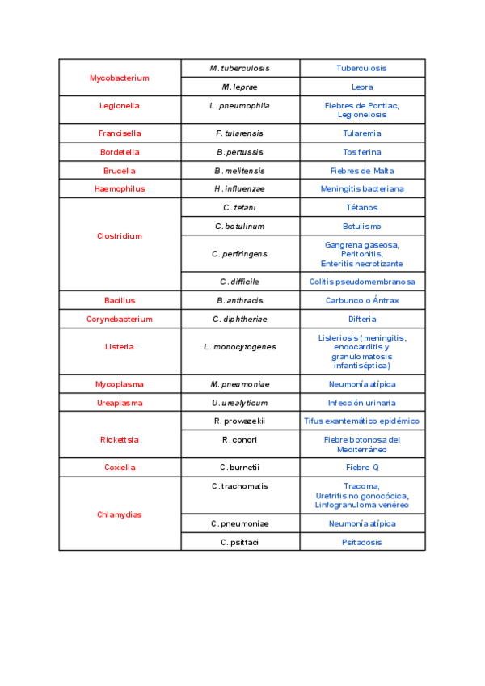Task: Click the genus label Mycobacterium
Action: click(x=120, y=78)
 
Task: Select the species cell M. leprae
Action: click(x=240, y=87)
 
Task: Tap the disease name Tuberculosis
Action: click(x=361, y=69)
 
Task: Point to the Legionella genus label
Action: click(x=120, y=105)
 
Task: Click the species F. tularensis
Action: click(x=240, y=133)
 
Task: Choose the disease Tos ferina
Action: click(x=361, y=152)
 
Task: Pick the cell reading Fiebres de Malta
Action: click(x=361, y=171)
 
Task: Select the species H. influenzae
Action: click(x=240, y=189)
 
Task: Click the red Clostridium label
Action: click(x=120, y=236)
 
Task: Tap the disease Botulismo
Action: click(x=361, y=227)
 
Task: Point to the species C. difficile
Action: click(x=240, y=282)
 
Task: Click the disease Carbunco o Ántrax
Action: click(x=361, y=300)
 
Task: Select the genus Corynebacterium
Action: click(x=120, y=319)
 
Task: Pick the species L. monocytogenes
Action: click(x=240, y=347)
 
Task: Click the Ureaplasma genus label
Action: click(x=120, y=403)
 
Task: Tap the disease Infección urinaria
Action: click(x=361, y=403)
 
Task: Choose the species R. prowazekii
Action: click(x=240, y=421)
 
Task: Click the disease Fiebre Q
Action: click(x=361, y=468)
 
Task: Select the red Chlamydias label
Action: click(x=120, y=514)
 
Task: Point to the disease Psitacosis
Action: click(x=361, y=543)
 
